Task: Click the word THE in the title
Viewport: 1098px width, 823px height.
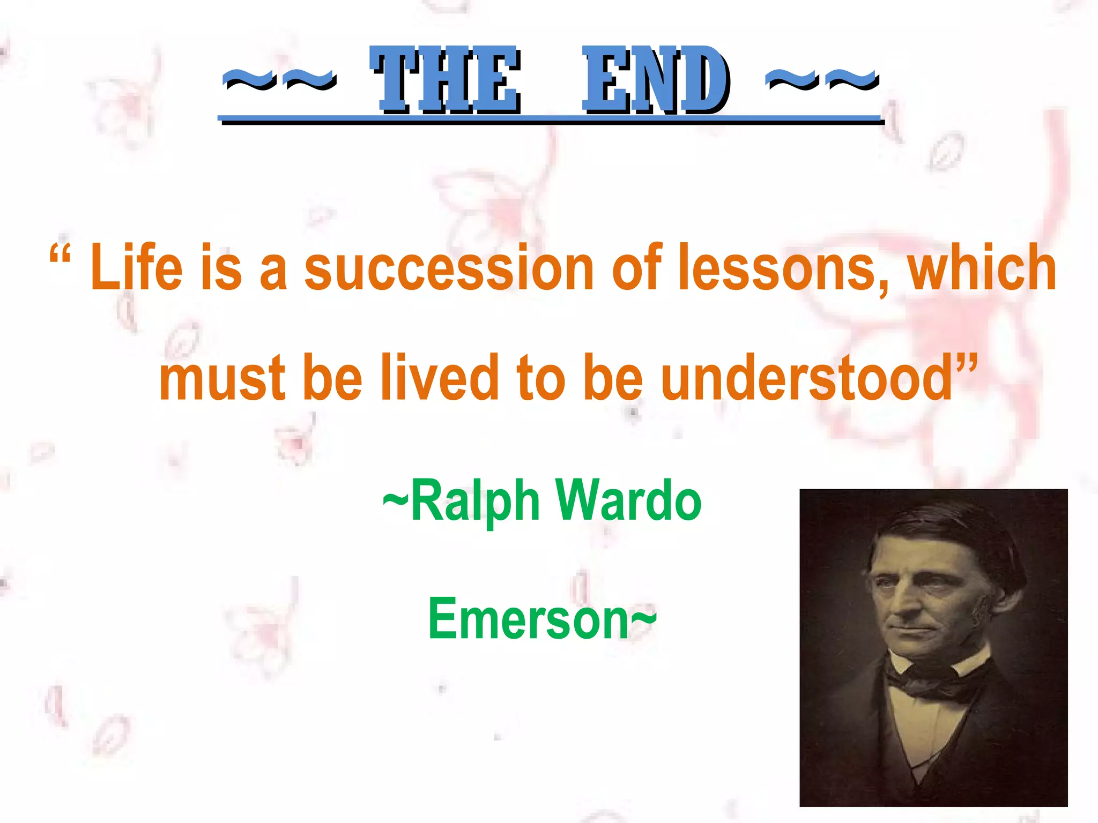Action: (445, 80)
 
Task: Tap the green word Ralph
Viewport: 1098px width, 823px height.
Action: (474, 501)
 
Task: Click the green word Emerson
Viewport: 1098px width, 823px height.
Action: (528, 619)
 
